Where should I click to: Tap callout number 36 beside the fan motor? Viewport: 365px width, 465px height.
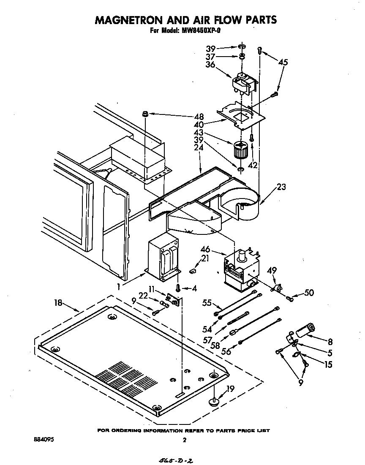210,65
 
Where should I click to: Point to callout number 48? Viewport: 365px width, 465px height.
198,117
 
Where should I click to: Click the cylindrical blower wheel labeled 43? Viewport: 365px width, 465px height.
240,150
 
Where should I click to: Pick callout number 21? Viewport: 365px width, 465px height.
205,258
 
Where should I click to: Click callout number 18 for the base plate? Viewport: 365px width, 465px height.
59,302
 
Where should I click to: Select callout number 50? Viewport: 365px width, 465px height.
309,292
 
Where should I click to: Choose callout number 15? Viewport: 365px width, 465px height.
328,364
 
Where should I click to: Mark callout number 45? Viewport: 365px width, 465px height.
283,62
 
